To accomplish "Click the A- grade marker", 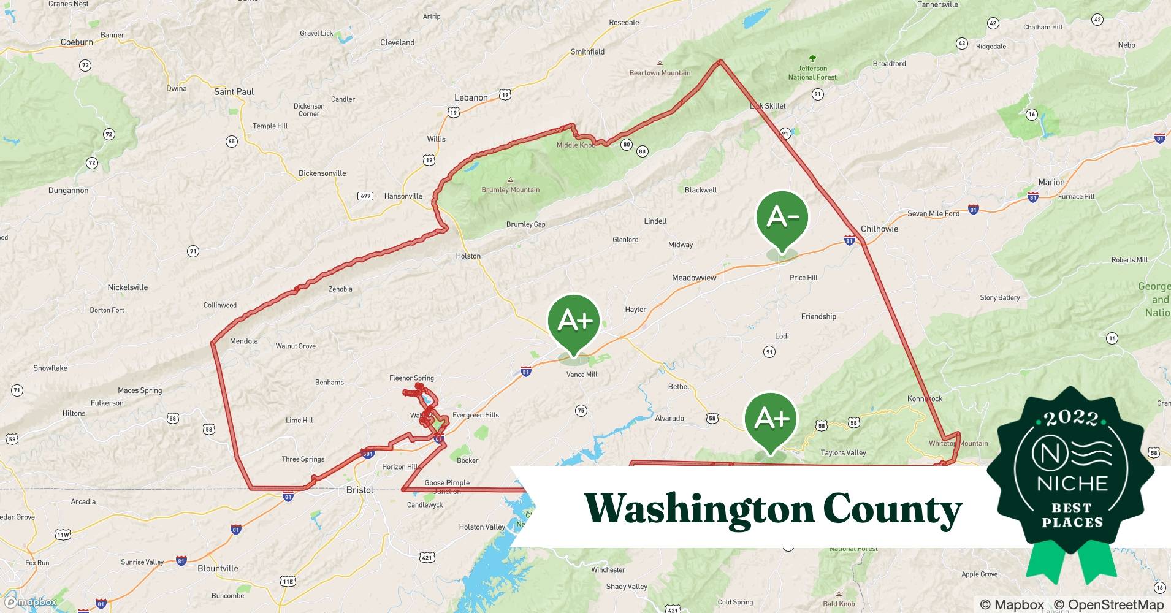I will click(782, 218).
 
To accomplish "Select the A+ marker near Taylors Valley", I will click(771, 419).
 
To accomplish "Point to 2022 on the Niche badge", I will click(1071, 419).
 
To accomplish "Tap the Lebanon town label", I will click(471, 97).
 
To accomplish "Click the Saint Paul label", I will click(234, 92).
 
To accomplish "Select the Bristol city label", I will click(360, 490).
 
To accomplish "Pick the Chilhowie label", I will click(879, 229).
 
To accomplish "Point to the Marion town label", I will click(1051, 182).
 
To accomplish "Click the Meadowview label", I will click(694, 278).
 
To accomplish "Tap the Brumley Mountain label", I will click(510, 189).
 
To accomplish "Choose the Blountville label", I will click(218, 568).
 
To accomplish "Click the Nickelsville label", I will click(128, 287).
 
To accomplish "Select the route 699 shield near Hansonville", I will click(365, 196).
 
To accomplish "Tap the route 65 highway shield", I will click(231, 142).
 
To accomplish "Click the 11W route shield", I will click(63, 535).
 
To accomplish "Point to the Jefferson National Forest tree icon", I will click(812, 59).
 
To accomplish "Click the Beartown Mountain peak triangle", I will click(660, 63).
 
